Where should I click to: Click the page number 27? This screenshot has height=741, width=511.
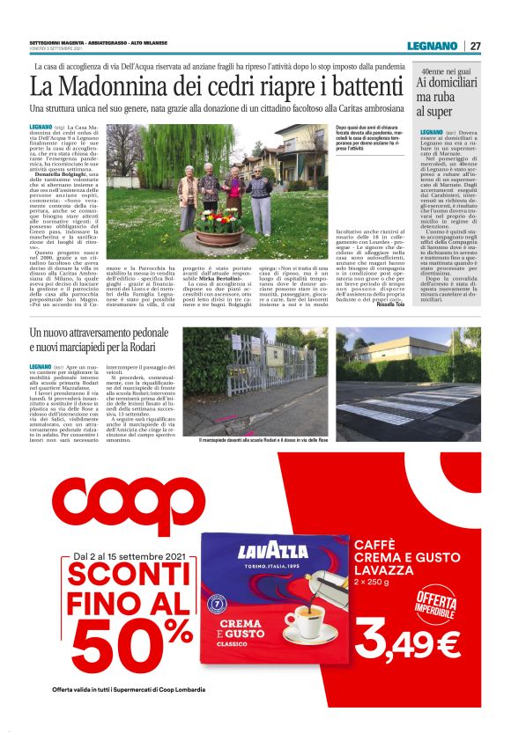(476, 46)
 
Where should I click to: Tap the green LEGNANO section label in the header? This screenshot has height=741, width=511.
(432, 46)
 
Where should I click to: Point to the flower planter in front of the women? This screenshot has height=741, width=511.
(196, 235)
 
